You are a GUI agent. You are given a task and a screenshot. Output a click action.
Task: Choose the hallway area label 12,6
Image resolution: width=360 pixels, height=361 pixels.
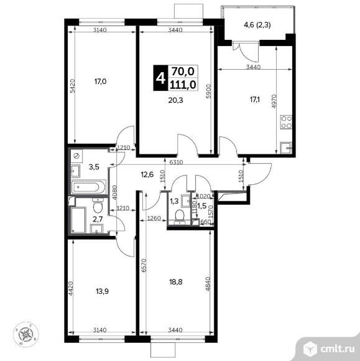pos(147,174)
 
